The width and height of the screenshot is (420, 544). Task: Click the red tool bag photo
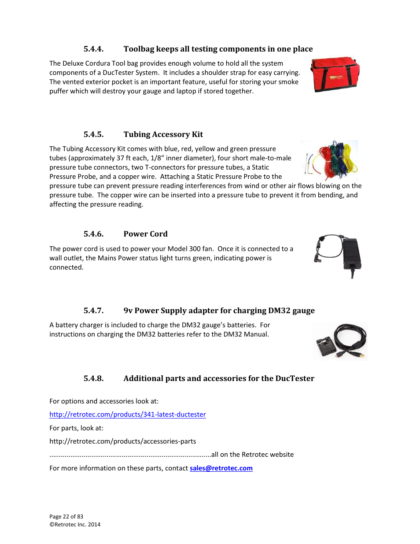point(335,74)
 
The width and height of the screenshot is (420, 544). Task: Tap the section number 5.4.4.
point(93,49)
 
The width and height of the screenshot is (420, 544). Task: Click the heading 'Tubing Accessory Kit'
point(163,134)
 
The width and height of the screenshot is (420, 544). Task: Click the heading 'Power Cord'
point(145,234)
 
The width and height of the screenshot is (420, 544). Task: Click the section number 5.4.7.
point(93,311)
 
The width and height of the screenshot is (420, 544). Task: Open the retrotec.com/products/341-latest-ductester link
point(127,414)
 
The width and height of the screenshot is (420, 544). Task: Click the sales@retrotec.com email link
point(221,468)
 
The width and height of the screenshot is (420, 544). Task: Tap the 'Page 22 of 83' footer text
point(66,517)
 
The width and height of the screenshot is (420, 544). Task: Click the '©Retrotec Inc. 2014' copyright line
point(75,525)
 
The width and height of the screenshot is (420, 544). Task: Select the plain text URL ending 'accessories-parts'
point(122,441)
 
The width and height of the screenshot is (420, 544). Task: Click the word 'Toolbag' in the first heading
point(139,49)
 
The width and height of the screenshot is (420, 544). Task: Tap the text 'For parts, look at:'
point(76,428)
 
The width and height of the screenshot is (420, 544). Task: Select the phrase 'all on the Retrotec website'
point(252,455)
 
